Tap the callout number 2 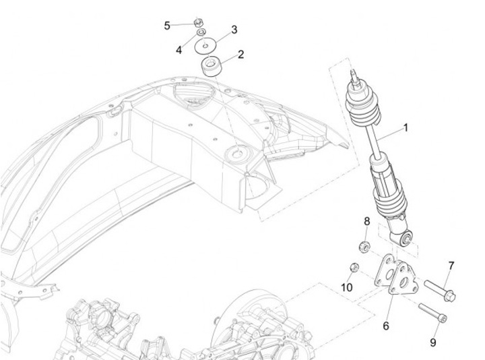[x=240, y=54]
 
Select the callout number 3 [x=234, y=30]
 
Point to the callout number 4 [x=179, y=50]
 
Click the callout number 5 [x=167, y=26]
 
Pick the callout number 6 [x=386, y=326]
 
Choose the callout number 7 [x=451, y=265]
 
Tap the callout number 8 [x=367, y=221]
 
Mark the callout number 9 [x=433, y=342]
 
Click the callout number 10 [x=346, y=288]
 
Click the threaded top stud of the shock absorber [x=352, y=76]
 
